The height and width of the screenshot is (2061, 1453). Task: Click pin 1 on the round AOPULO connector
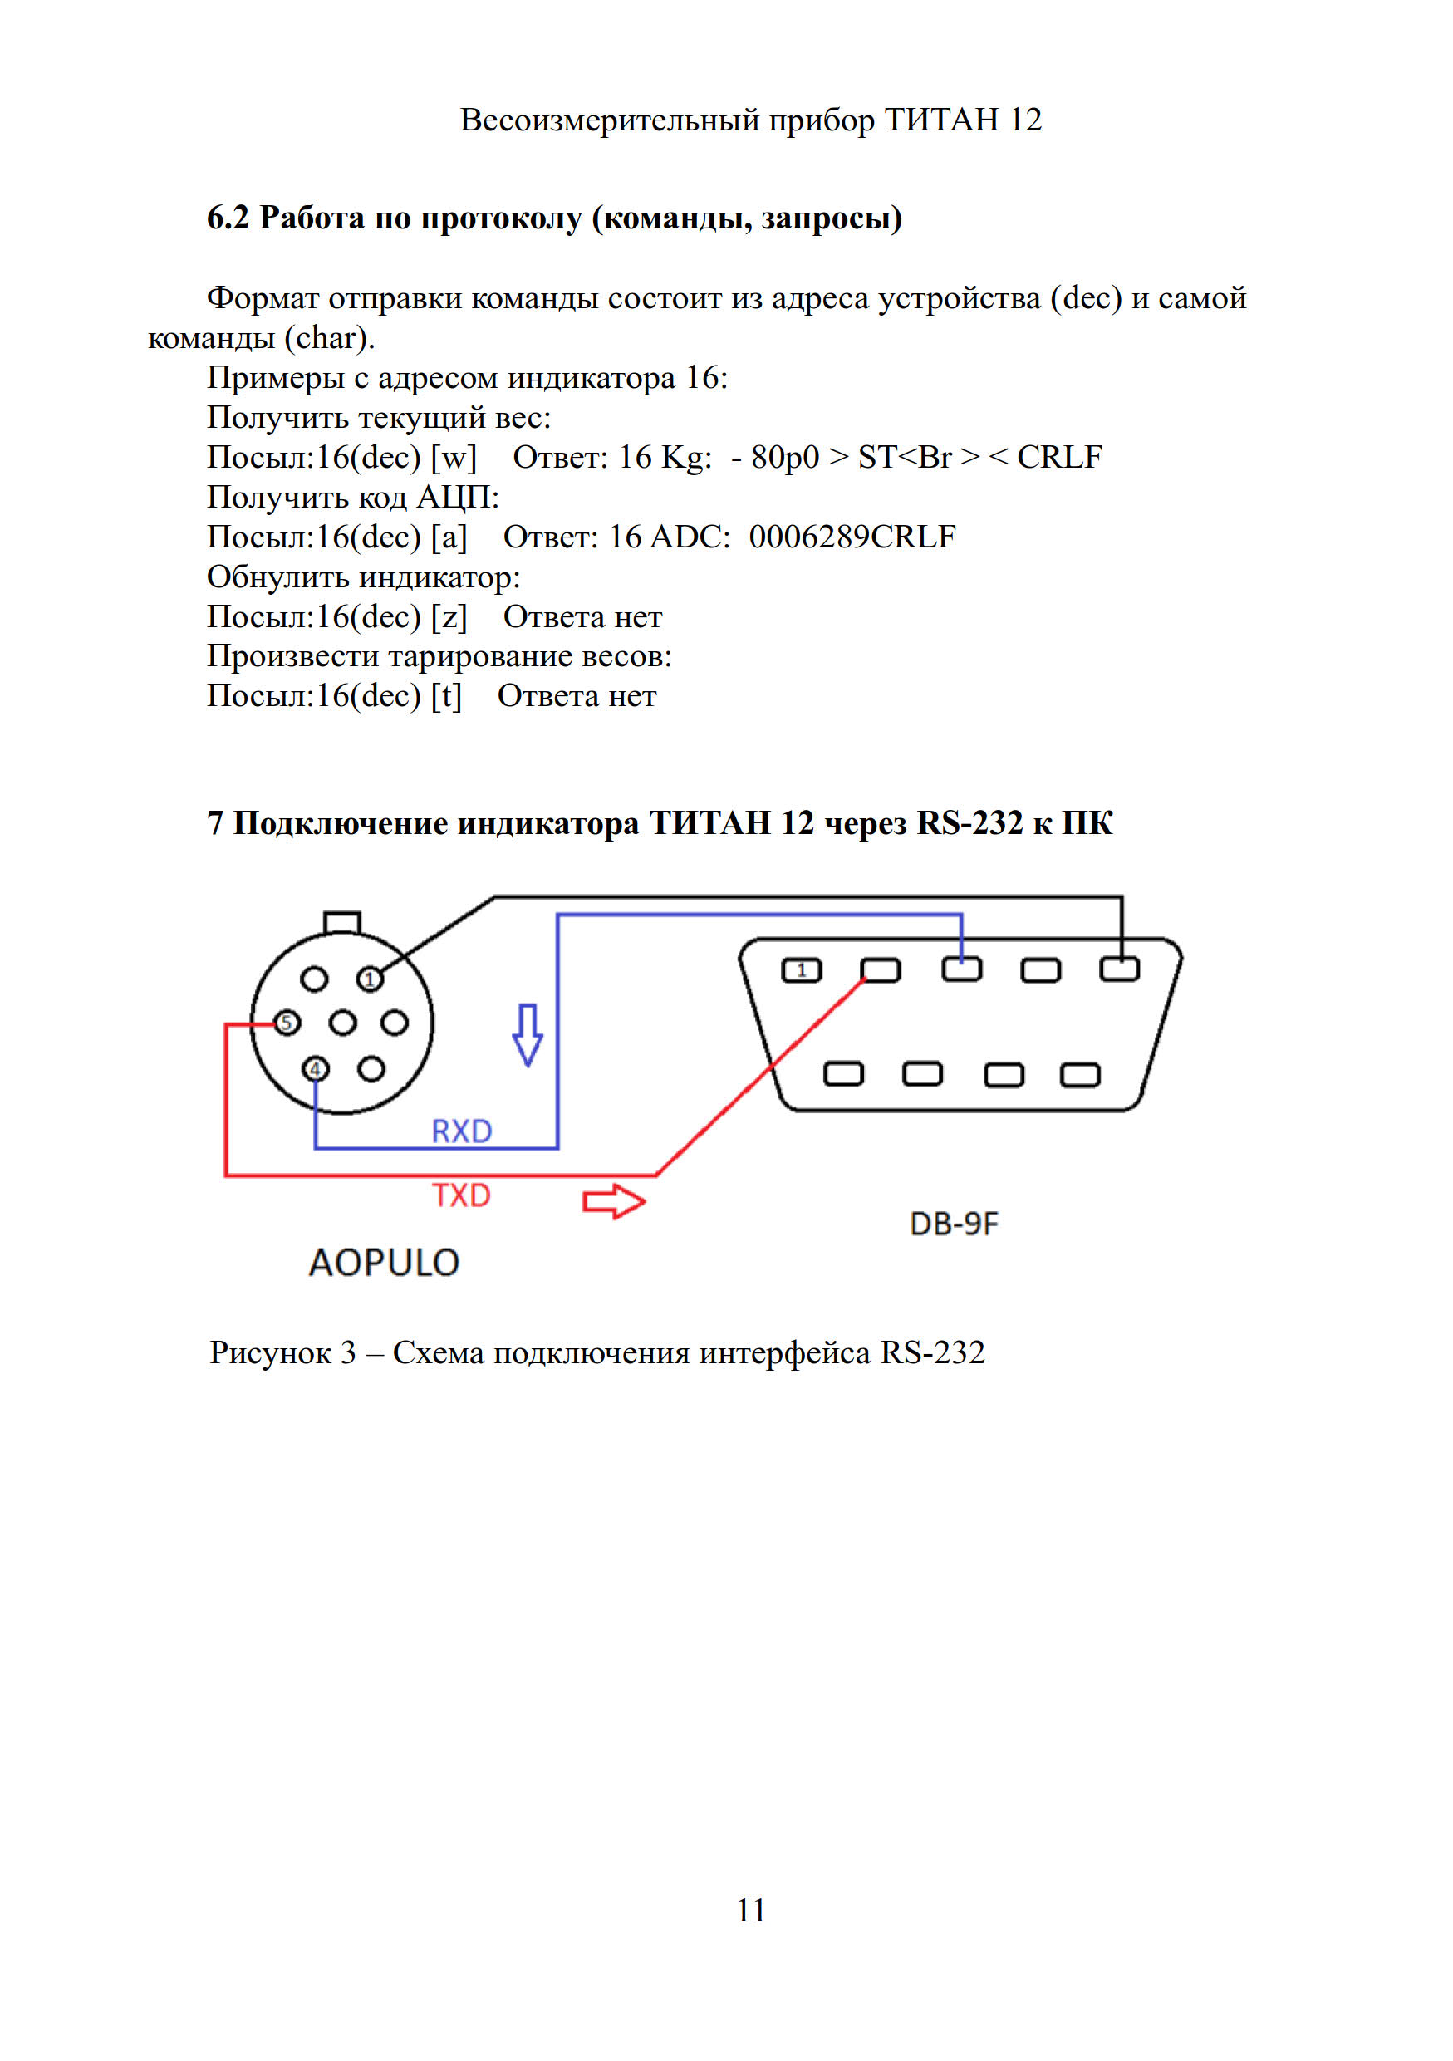[370, 979]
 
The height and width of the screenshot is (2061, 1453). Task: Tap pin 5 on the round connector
[287, 1023]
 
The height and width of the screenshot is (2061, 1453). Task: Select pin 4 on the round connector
[315, 1069]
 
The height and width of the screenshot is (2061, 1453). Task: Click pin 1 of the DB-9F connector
[802, 970]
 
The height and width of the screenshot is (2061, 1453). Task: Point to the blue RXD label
[461, 1131]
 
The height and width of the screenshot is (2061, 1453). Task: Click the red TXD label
[461, 1195]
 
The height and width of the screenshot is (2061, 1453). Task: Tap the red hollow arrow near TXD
[614, 1201]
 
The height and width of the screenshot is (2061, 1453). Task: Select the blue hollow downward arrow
[528, 1034]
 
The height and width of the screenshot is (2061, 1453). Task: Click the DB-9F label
[953, 1224]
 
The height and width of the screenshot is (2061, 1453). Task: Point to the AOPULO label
[384, 1263]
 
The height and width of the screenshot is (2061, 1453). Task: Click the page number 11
[751, 1910]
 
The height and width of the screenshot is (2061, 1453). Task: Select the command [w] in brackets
[454, 458]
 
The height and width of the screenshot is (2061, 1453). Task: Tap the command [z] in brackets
[449, 616]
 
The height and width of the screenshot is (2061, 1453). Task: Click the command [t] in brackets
[446, 695]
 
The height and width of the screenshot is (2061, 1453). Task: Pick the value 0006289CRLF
[852, 537]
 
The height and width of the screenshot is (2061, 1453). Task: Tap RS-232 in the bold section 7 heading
[969, 822]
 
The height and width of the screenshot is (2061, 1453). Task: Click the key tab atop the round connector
[342, 922]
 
